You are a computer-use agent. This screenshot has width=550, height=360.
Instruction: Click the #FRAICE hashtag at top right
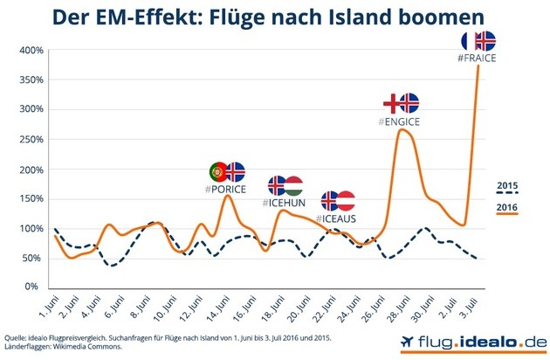coord(477,57)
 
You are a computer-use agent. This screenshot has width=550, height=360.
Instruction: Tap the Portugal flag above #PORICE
coord(218,171)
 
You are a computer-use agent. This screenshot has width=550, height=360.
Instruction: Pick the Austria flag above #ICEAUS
coord(346,200)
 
